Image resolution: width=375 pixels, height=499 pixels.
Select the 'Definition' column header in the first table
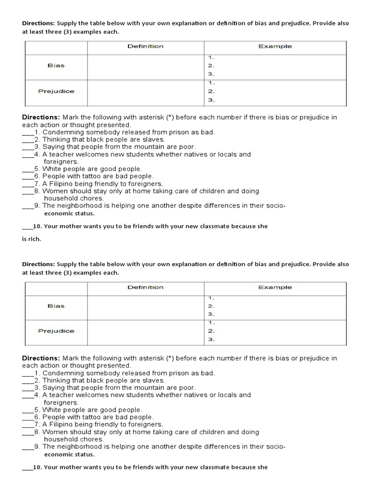click(146, 46)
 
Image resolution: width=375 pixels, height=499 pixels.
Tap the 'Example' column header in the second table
click(275, 287)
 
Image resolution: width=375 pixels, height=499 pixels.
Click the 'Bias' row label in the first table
click(56, 65)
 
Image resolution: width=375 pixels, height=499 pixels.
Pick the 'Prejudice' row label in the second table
click(56, 331)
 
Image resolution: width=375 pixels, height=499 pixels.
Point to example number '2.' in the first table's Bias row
click(210, 65)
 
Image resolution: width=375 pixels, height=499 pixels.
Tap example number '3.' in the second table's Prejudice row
click(210, 340)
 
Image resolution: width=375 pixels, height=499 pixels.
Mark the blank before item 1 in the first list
click(28, 133)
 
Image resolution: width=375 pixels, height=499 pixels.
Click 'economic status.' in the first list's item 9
click(69, 213)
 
